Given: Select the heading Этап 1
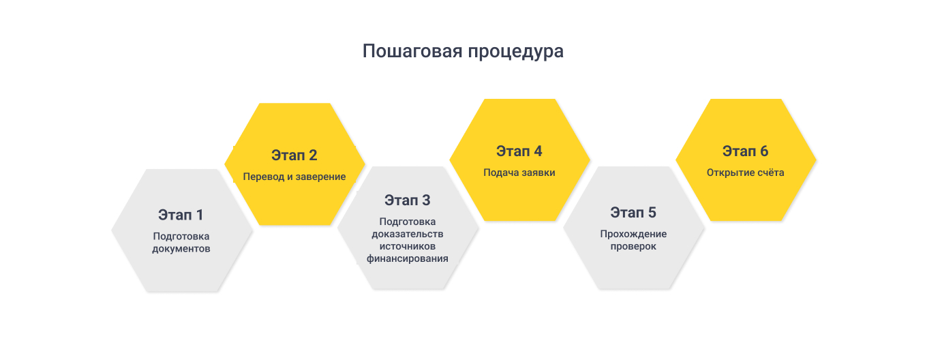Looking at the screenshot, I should (x=181, y=215).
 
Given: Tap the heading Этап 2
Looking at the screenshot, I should (x=294, y=155).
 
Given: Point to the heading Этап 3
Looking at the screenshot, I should (x=407, y=200).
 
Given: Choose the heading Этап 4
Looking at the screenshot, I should (x=519, y=151).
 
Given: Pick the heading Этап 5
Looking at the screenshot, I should (x=633, y=212).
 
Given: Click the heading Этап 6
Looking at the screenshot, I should (x=746, y=151).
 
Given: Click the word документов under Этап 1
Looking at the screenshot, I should (x=181, y=249).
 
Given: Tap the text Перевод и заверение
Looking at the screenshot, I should (x=294, y=177).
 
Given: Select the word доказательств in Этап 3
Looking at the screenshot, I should (x=407, y=234).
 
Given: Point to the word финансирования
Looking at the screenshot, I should (x=407, y=258).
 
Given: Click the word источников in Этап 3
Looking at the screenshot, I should (x=407, y=246).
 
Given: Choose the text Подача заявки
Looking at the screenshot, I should (x=519, y=172).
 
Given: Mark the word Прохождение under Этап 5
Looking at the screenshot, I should (x=633, y=234).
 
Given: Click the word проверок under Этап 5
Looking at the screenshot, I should (x=633, y=246).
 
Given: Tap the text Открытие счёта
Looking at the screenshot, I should (x=746, y=172).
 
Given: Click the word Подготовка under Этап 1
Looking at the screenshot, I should (x=181, y=237).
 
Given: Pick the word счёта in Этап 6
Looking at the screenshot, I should (x=770, y=172).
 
